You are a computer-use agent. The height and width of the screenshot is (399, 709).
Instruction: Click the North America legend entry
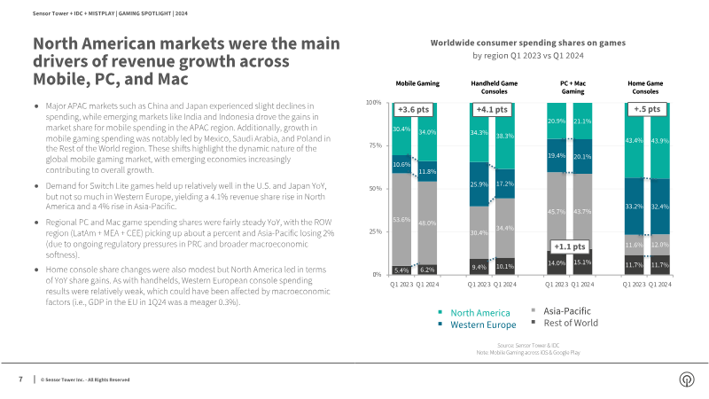click(479, 313)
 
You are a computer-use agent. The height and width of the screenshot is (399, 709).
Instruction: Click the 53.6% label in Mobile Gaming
click(401, 219)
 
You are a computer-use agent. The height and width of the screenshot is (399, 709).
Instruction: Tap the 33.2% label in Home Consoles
click(634, 206)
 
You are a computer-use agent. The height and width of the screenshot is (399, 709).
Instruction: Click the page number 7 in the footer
click(20, 379)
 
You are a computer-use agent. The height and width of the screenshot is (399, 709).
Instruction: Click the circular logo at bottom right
click(685, 379)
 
